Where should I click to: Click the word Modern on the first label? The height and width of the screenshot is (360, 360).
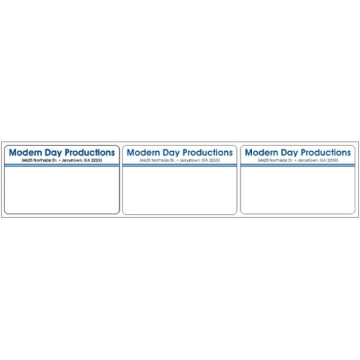click(x=26, y=153)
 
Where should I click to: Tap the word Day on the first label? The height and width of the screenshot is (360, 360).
click(x=53, y=153)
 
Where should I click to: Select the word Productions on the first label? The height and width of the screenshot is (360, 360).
click(x=90, y=153)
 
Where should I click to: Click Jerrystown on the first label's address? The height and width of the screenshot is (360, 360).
click(x=72, y=160)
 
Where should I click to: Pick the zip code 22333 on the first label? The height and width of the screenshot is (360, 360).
click(x=96, y=160)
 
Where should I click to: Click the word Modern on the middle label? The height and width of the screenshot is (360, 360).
click(x=143, y=153)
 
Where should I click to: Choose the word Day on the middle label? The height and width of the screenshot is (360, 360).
click(x=171, y=153)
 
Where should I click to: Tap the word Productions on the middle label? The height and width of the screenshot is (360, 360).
click(x=207, y=153)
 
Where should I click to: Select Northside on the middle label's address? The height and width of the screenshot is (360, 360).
click(x=159, y=160)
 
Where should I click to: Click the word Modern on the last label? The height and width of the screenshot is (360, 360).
click(x=262, y=153)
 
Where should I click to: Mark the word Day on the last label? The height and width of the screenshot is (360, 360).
click(x=289, y=153)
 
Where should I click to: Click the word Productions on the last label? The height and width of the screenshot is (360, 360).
click(x=326, y=153)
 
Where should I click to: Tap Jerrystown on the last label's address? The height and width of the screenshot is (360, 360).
click(x=308, y=160)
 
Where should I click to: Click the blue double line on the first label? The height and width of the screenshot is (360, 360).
click(x=62, y=165)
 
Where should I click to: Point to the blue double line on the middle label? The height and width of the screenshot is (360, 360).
click(x=179, y=165)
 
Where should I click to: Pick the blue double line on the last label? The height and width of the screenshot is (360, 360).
click(x=298, y=165)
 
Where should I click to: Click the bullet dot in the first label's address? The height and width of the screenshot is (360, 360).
click(x=60, y=160)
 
